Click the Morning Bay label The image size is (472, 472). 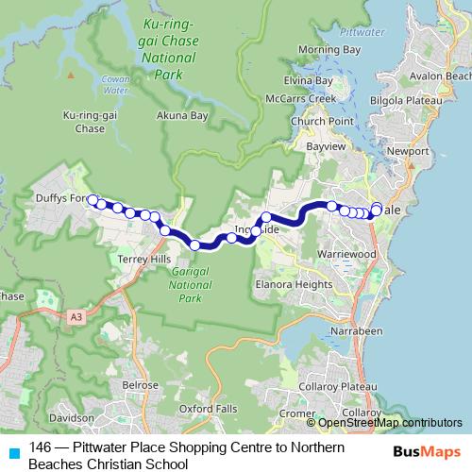[x=329, y=49]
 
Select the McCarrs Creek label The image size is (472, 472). [x=328, y=98]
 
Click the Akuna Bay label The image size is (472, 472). [x=181, y=115]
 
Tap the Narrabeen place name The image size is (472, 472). [x=361, y=332]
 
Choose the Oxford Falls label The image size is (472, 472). [x=204, y=409]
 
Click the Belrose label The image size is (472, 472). [x=140, y=385]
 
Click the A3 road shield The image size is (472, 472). [x=75, y=318]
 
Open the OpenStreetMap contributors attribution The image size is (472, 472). [x=390, y=423]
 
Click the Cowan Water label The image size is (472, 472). [x=116, y=87]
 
